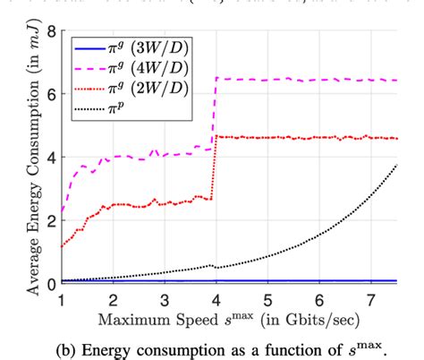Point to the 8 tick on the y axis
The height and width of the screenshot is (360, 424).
coord(50,33)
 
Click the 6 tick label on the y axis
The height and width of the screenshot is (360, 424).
coord(50,96)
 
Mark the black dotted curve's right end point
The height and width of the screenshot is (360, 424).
coord(396,166)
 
